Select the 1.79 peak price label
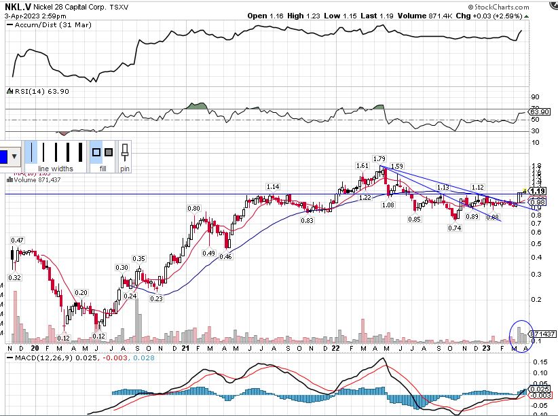(379, 159)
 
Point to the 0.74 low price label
(455, 228)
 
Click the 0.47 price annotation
(18, 241)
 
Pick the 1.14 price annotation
(273, 186)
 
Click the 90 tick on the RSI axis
(535, 97)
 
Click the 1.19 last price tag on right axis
(538, 192)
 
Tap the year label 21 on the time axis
(185, 349)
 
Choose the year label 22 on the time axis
(335, 349)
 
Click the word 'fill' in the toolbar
(103, 168)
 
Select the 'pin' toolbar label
(125, 168)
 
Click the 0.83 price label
(308, 220)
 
